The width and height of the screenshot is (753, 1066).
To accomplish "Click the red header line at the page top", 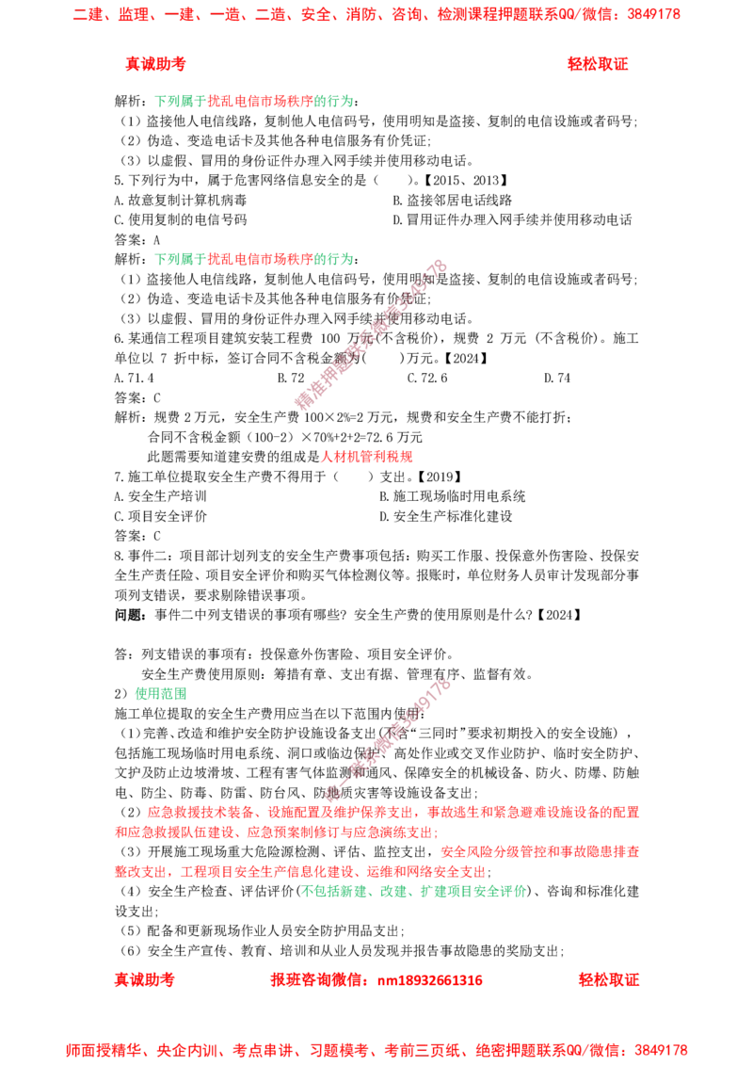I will click(x=376, y=15).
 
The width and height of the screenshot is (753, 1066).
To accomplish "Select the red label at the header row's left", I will click(x=155, y=64).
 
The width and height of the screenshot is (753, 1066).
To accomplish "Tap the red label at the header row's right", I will click(x=598, y=64).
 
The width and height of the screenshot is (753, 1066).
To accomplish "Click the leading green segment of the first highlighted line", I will click(x=180, y=102).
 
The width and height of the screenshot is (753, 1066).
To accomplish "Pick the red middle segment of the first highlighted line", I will click(x=259, y=102).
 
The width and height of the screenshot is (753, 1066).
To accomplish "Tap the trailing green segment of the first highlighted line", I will click(x=333, y=102).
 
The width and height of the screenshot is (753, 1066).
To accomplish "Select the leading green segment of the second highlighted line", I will click(x=180, y=259).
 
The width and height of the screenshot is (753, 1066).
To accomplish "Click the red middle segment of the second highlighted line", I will click(x=259, y=259).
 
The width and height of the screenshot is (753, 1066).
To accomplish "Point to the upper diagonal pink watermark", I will click(x=372, y=334).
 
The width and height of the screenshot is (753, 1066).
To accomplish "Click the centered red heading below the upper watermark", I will click(x=366, y=458).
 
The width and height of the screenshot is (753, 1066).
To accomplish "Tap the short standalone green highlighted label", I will click(x=159, y=693).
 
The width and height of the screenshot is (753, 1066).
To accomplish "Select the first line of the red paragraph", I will click(x=391, y=812).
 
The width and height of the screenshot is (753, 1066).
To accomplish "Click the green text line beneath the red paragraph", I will click(x=413, y=892).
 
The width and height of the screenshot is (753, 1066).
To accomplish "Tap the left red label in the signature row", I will click(x=144, y=979).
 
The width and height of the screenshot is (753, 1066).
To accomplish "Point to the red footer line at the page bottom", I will click(x=376, y=1048).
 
